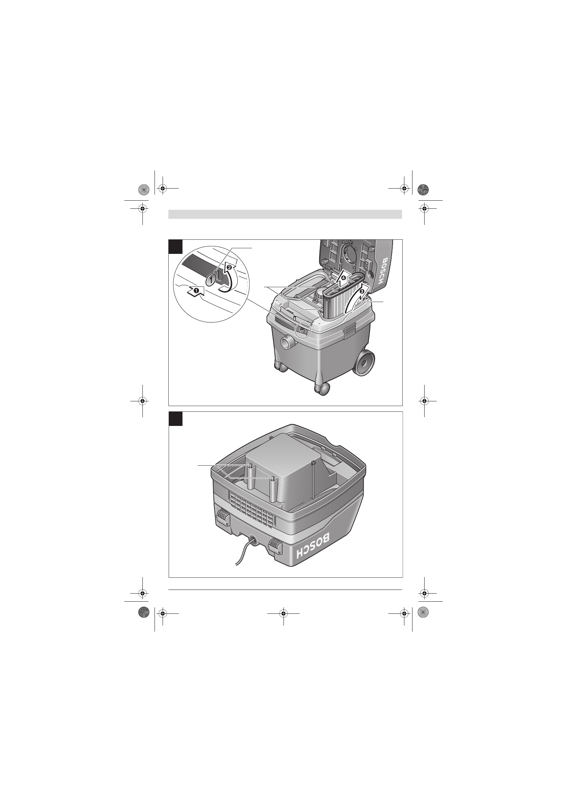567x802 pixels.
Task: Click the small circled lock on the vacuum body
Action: [x=302, y=329]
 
